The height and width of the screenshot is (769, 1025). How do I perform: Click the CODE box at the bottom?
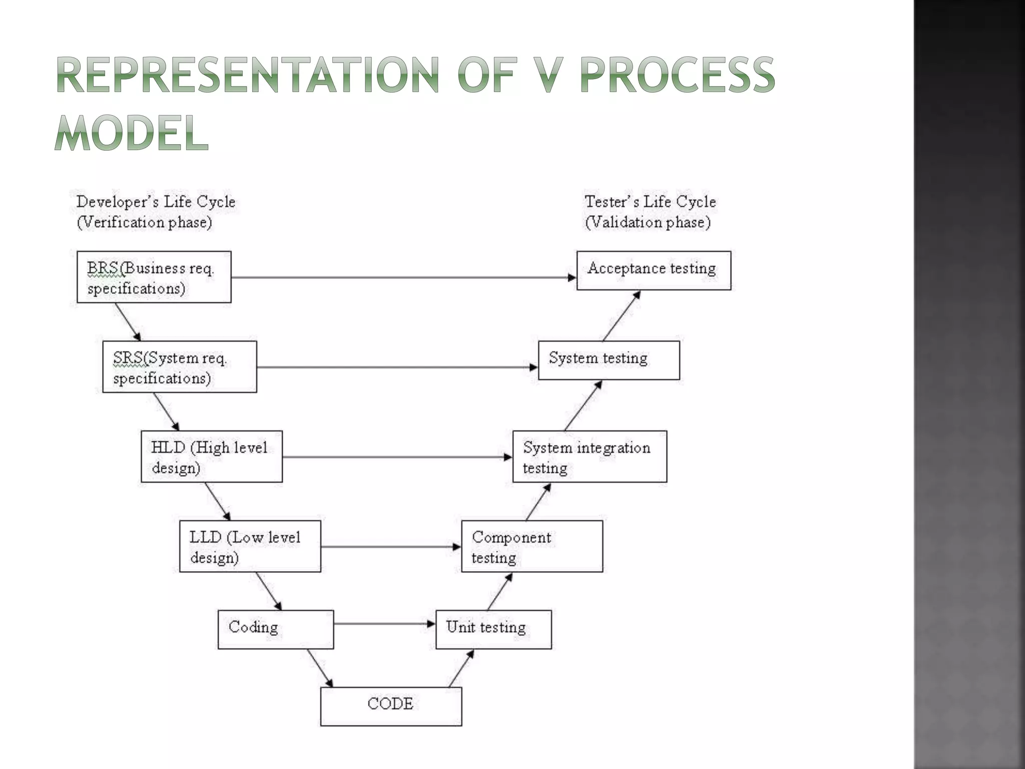pyautogui.click(x=391, y=706)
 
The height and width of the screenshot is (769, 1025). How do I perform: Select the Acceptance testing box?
pyautogui.click(x=654, y=270)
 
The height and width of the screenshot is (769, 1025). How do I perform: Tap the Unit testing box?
pyautogui.click(x=493, y=629)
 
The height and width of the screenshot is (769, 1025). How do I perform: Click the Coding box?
pyautogui.click(x=276, y=629)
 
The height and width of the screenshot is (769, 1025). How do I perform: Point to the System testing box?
pyautogui.click(x=609, y=360)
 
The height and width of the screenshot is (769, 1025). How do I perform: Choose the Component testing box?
pyautogui.click(x=532, y=546)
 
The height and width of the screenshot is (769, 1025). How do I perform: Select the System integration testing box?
pyautogui.click(x=590, y=457)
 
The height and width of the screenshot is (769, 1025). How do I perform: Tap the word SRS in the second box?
pyautogui.click(x=128, y=358)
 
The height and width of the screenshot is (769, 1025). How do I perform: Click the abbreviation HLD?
pyautogui.click(x=168, y=448)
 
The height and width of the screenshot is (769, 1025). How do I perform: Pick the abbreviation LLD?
pyautogui.click(x=205, y=537)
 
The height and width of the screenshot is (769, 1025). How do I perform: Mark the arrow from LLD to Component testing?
pyautogui.click(x=390, y=547)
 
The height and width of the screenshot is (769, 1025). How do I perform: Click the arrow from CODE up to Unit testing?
pyautogui.click(x=461, y=668)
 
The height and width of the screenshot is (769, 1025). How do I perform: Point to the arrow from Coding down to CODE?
pyautogui.click(x=319, y=668)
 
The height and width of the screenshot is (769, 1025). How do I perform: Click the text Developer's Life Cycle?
pyautogui.click(x=156, y=202)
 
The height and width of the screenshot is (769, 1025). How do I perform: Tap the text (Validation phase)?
pyautogui.click(x=648, y=222)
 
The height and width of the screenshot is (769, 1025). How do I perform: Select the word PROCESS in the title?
pyautogui.click(x=677, y=75)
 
